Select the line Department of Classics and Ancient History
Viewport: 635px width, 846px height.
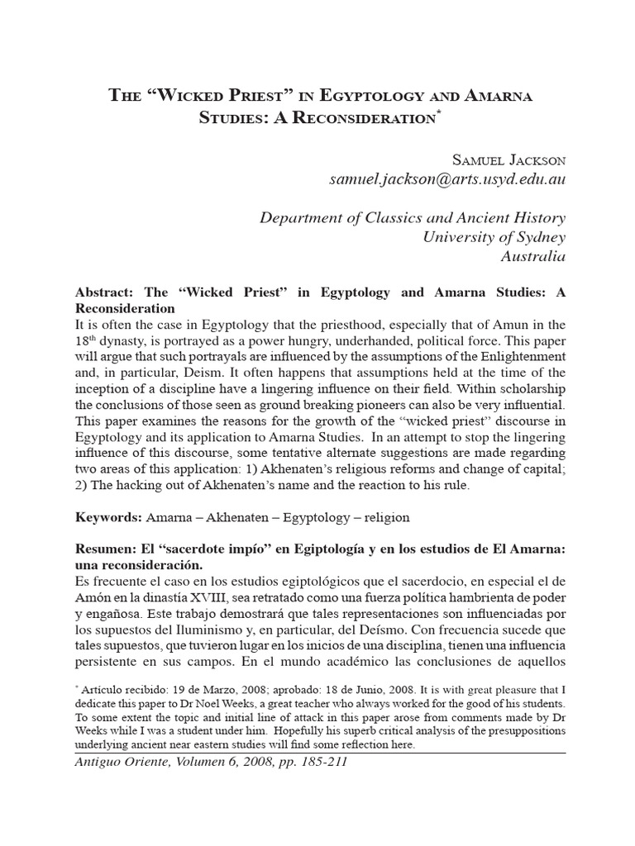(413, 218)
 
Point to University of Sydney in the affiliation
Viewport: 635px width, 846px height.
(494, 237)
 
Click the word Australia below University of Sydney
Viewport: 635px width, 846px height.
(534, 256)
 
